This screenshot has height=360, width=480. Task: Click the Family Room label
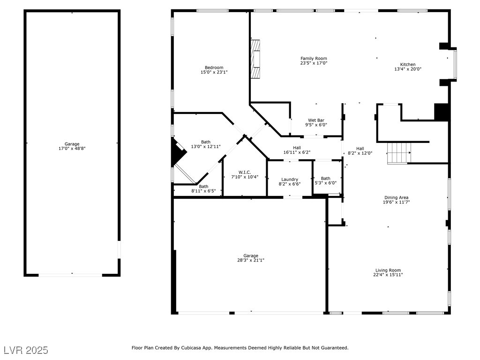tap(314, 59)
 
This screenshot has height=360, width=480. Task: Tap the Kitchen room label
tap(407, 65)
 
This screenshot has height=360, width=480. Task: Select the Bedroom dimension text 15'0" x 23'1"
tap(214, 73)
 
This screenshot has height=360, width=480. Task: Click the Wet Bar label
tap(316, 120)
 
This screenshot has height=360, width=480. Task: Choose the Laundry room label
tap(290, 180)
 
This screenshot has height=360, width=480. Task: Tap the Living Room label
tap(388, 270)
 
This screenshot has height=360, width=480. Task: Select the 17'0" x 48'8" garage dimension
tap(72, 149)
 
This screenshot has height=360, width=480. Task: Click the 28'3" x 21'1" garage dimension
tap(250, 260)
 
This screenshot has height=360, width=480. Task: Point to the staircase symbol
tap(398, 153)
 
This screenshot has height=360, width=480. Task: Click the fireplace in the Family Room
tap(255, 60)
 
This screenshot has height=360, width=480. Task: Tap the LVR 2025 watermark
tap(26, 350)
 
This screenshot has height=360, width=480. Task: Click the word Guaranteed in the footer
tap(332, 348)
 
